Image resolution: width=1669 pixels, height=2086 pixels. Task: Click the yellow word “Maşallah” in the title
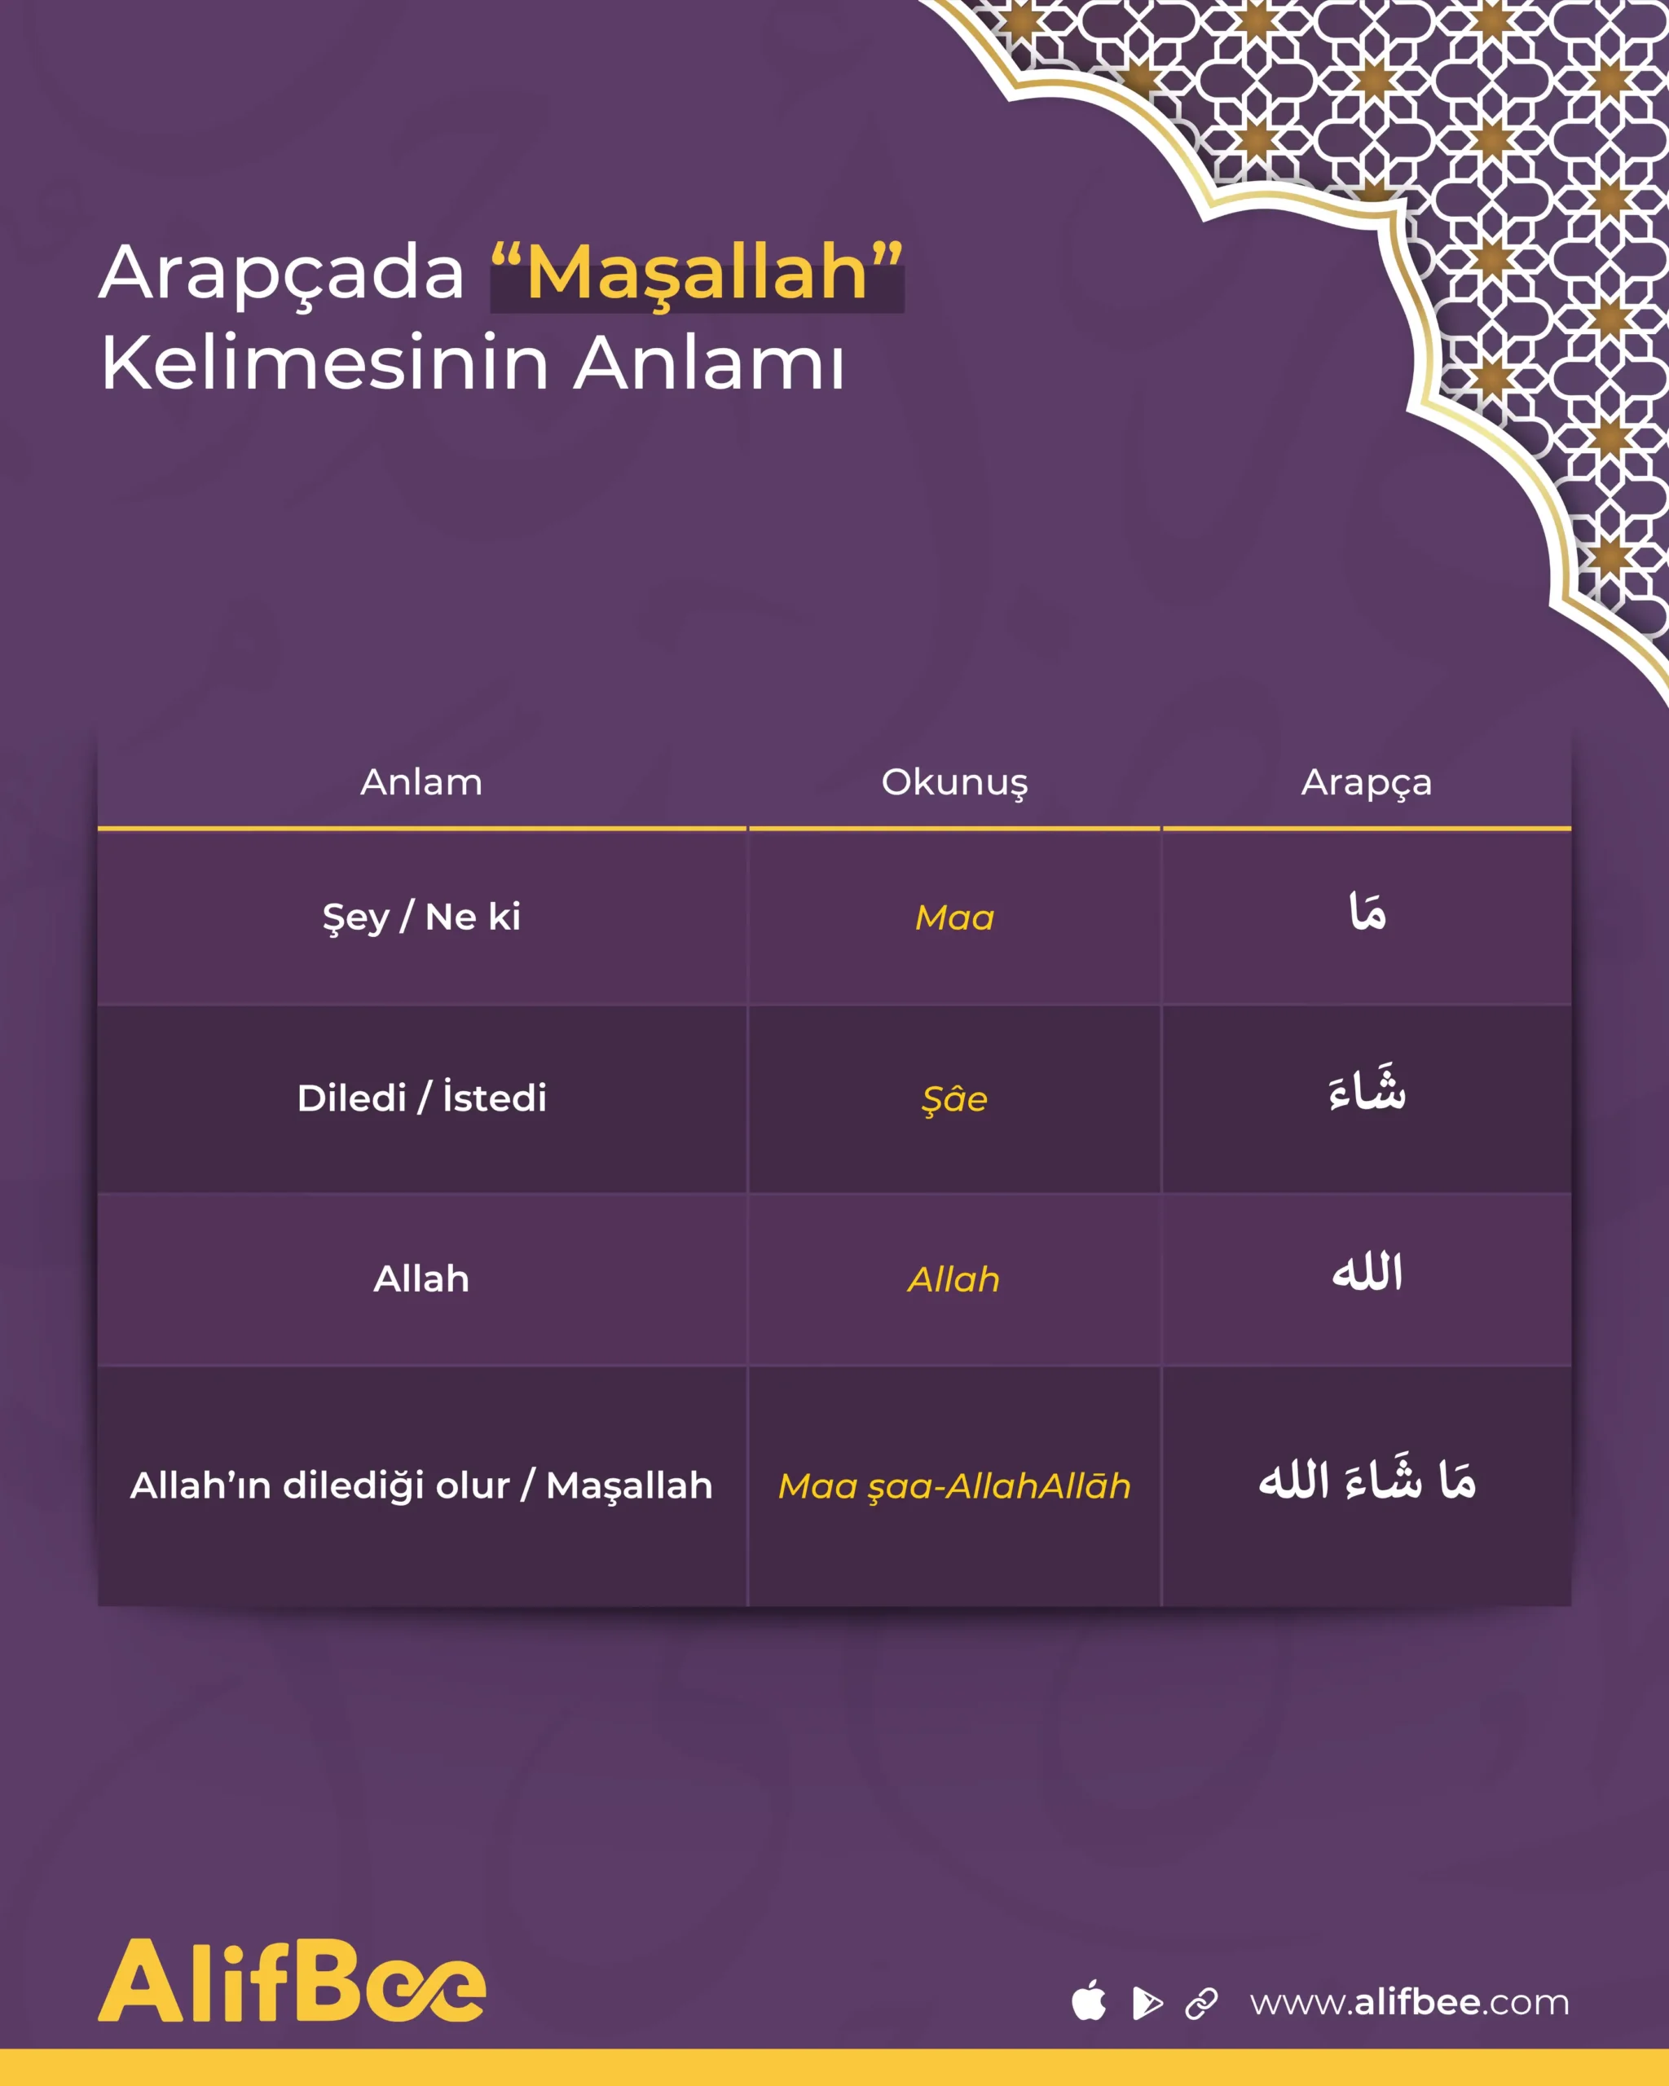697,273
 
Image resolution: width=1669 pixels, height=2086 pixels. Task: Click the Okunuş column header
954,783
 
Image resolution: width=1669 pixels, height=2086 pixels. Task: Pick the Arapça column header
1366,783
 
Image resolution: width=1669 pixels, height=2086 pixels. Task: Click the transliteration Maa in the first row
954,918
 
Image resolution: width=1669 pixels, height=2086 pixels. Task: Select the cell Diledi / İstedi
422,1098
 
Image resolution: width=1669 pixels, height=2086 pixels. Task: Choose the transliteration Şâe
954,1099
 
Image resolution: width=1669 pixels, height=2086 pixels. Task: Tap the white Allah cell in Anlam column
422,1279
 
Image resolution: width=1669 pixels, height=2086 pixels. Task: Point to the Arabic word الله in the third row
1367,1271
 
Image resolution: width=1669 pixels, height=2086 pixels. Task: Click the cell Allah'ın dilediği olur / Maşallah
422,1486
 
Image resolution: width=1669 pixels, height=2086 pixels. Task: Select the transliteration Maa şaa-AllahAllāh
954,1487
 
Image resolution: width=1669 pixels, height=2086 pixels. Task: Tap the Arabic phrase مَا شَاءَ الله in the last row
1367,1481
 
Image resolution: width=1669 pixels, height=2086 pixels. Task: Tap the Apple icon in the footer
1090,2000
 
